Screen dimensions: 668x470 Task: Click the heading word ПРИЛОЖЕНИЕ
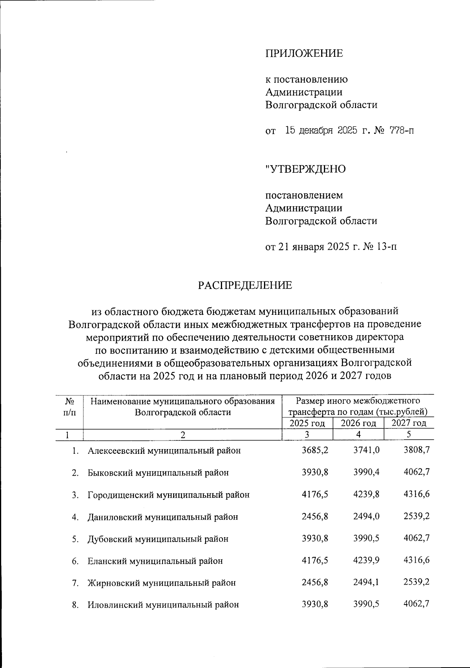click(304, 53)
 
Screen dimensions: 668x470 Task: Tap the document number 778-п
click(401, 130)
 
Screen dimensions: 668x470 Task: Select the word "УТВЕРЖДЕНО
click(305, 169)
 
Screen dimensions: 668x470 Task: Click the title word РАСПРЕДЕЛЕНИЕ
click(245, 285)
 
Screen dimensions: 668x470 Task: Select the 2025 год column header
click(307, 423)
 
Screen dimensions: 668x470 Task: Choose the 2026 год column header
click(358, 423)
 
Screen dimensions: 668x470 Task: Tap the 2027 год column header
click(409, 423)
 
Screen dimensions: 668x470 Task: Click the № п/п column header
click(70, 406)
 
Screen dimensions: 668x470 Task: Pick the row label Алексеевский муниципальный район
click(164, 451)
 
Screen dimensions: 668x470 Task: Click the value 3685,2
click(315, 450)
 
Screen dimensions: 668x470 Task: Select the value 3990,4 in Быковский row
click(366, 472)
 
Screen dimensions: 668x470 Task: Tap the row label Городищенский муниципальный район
click(168, 495)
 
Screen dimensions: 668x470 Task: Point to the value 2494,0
click(366, 516)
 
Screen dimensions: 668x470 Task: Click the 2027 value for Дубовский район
click(417, 538)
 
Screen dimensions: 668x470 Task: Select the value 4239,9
click(366, 560)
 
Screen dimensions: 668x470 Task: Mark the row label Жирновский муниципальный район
click(161, 583)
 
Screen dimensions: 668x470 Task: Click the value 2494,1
click(366, 582)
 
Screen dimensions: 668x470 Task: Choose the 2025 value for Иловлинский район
click(315, 604)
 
